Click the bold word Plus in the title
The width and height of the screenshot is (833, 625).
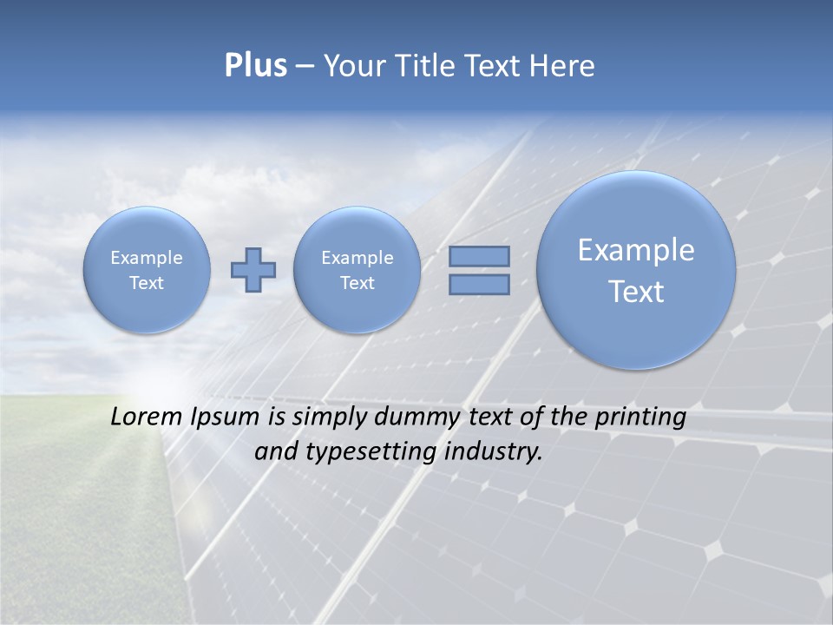pyautogui.click(x=255, y=66)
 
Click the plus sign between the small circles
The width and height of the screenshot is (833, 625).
pyautogui.click(x=253, y=270)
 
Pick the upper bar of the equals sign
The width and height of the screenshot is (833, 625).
pyautogui.click(x=479, y=256)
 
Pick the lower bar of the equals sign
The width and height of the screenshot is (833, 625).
pyautogui.click(x=479, y=285)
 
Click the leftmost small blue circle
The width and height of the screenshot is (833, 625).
pyautogui.click(x=147, y=270)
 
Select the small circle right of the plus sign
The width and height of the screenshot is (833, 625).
pyautogui.click(x=357, y=270)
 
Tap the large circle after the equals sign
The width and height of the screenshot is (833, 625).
pyautogui.click(x=636, y=270)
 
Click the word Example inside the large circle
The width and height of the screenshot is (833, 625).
pyautogui.click(x=636, y=250)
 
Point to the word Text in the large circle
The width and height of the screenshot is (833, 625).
pyautogui.click(x=636, y=292)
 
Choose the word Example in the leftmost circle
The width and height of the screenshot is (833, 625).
pyautogui.click(x=147, y=258)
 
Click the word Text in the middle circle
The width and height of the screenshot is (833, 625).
pyautogui.click(x=357, y=283)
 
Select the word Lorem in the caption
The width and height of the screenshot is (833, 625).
pyautogui.click(x=147, y=417)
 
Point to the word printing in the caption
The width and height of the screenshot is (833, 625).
pyautogui.click(x=640, y=417)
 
